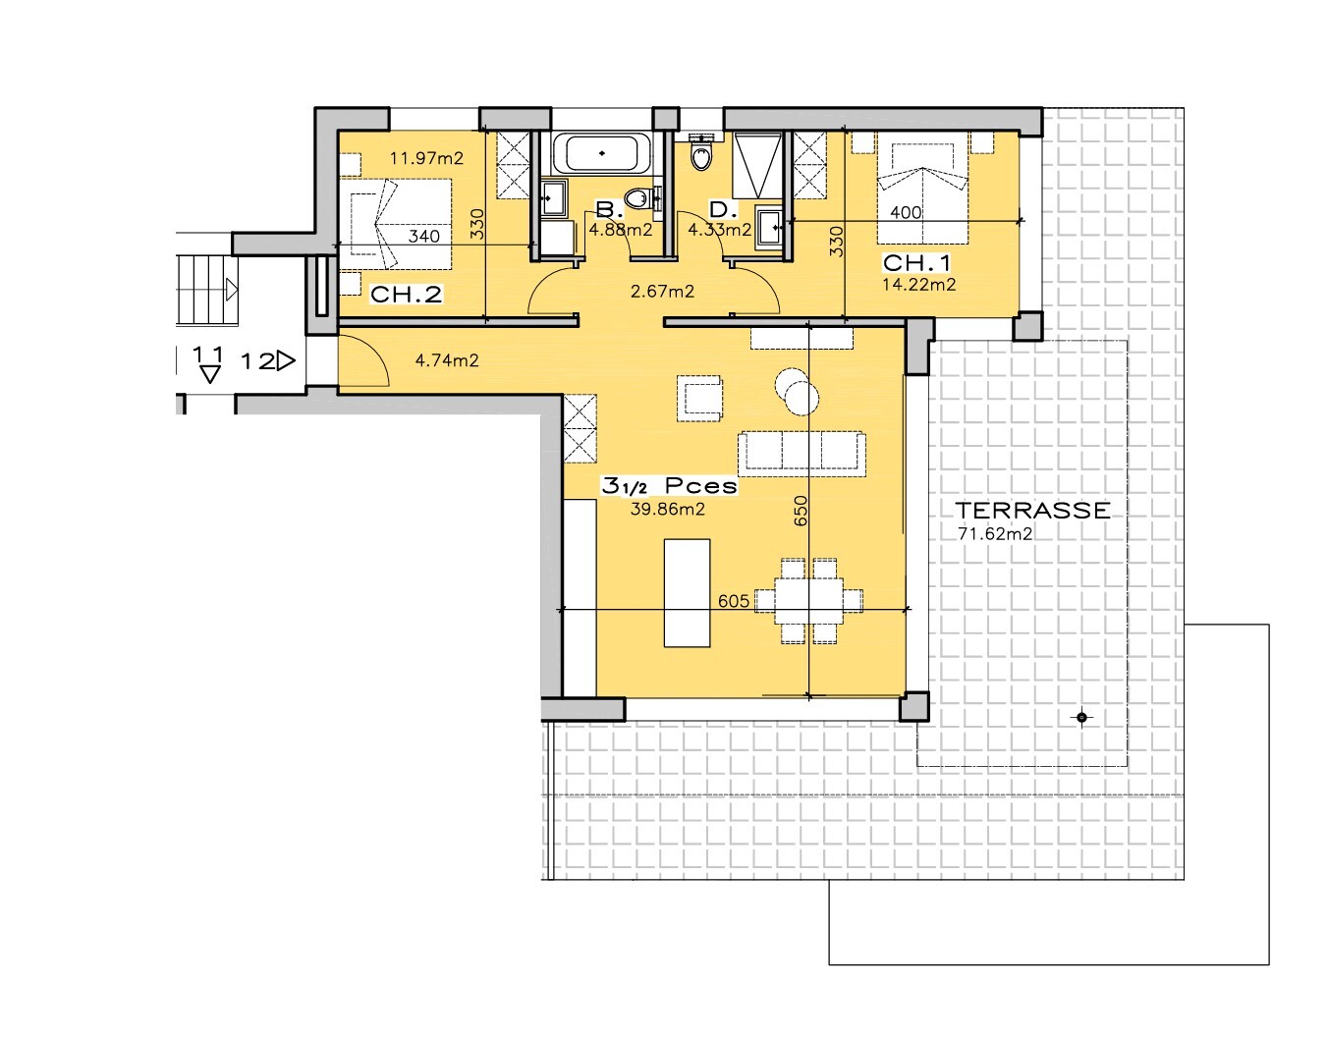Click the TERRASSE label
[x=1032, y=511]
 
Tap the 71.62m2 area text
[x=995, y=534]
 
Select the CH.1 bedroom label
[x=916, y=263]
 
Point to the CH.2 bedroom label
[x=406, y=295]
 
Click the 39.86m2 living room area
[x=668, y=509]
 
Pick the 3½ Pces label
[x=669, y=486]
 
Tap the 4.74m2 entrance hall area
[x=447, y=360]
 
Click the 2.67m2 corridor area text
[x=663, y=292]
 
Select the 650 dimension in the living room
[x=801, y=511]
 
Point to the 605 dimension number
[x=734, y=601]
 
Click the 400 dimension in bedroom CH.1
[x=907, y=212]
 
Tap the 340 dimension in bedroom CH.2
[x=423, y=237]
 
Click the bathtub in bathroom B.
[x=602, y=153]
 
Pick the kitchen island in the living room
[x=687, y=593]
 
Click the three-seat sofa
[x=802, y=454]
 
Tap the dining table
[x=809, y=601]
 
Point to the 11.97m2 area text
[x=427, y=159]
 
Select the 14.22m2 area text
[x=919, y=285]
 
